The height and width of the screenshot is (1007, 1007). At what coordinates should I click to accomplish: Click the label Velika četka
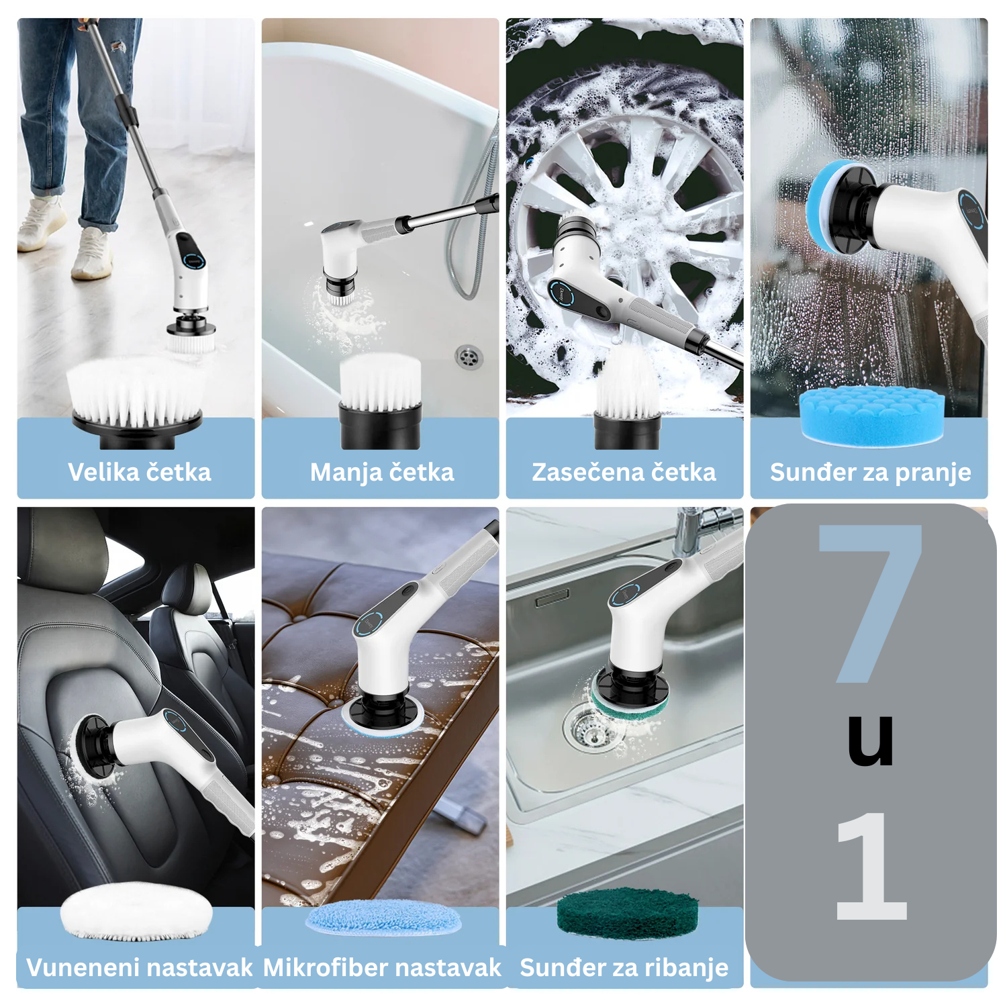pyautogui.click(x=140, y=472)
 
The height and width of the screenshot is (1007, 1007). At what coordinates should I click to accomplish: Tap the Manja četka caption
pyautogui.click(x=382, y=473)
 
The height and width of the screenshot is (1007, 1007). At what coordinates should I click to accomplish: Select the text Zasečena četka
pyautogui.click(x=624, y=472)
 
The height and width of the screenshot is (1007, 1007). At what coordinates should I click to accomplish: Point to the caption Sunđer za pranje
pyautogui.click(x=870, y=473)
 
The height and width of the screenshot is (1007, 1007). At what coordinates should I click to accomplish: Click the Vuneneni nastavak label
pyautogui.click(x=140, y=967)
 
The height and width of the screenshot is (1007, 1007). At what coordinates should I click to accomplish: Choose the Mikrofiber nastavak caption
pyautogui.click(x=382, y=967)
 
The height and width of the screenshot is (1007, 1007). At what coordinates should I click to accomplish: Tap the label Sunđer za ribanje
pyautogui.click(x=624, y=968)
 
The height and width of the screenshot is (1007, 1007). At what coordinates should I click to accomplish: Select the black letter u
pyautogui.click(x=871, y=740)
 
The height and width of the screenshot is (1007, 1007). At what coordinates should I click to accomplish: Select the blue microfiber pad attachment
pyautogui.click(x=383, y=917)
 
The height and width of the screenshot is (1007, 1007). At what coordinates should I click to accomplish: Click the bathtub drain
pyautogui.click(x=469, y=356)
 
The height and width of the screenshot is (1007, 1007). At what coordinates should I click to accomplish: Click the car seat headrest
pyautogui.click(x=60, y=547)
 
